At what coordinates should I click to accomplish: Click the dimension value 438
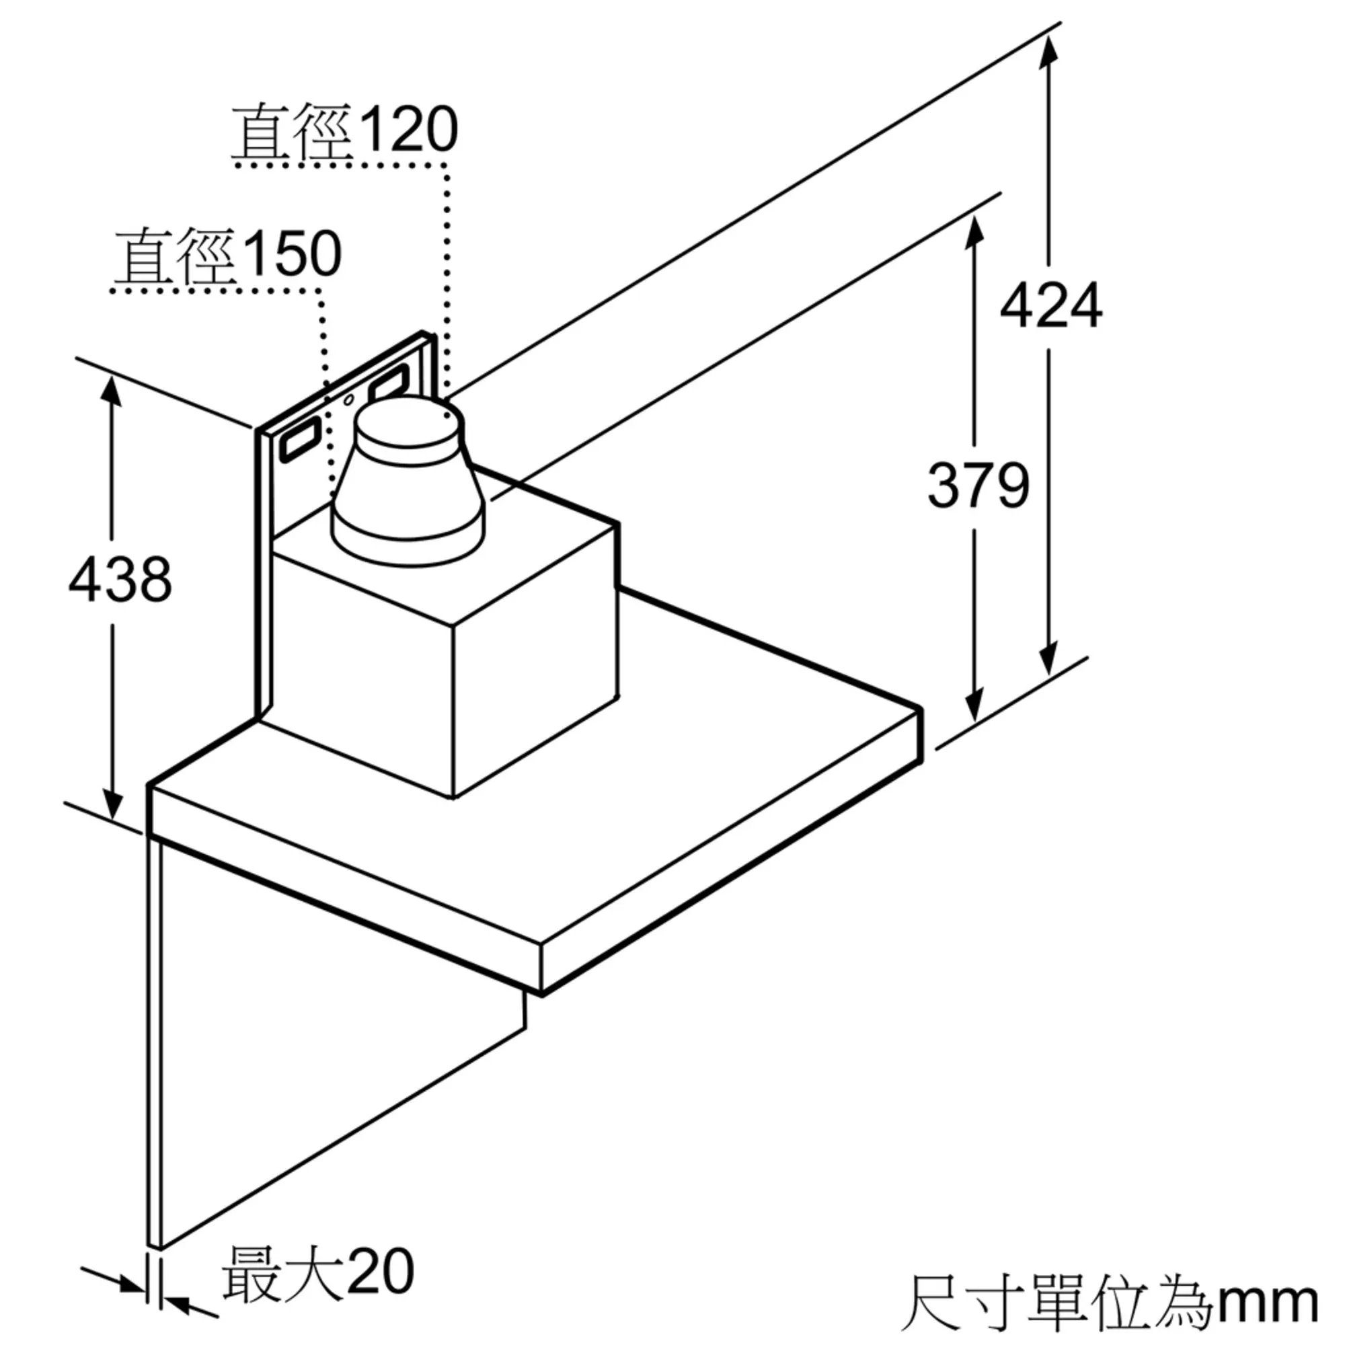120,579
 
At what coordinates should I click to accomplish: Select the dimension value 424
1050,305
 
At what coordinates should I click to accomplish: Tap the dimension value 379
977,486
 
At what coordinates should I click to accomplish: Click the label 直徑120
344,130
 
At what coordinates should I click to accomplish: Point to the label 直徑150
229,254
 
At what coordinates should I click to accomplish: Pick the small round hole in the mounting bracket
349,399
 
